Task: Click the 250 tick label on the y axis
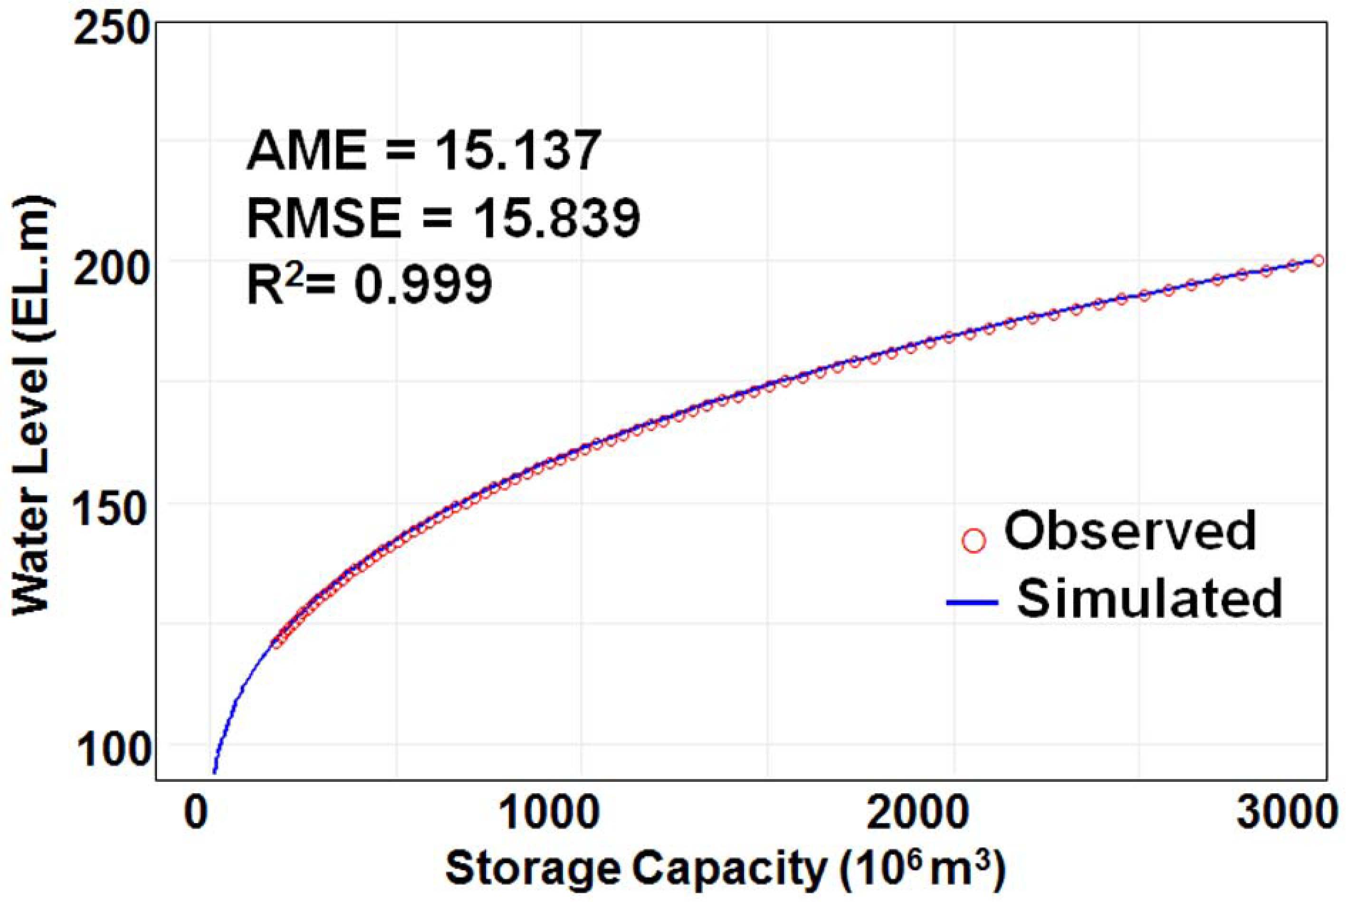pyautogui.click(x=112, y=30)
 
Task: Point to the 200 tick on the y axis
pyautogui.click(x=112, y=268)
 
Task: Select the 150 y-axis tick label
pyautogui.click(x=112, y=510)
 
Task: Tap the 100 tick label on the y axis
pyautogui.click(x=112, y=750)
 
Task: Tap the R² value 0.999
pyautogui.click(x=423, y=285)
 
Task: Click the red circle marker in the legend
pyautogui.click(x=974, y=541)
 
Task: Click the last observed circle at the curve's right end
pyautogui.click(x=1318, y=261)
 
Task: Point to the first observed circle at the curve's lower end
pyautogui.click(x=277, y=643)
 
